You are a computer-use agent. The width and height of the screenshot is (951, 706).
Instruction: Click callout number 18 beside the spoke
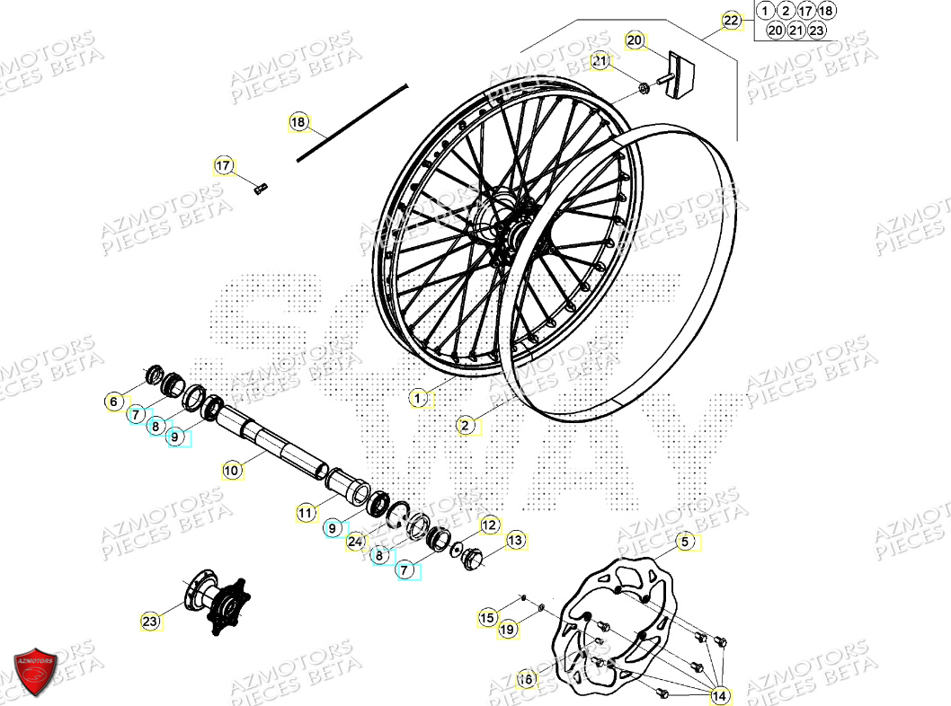coord(298,122)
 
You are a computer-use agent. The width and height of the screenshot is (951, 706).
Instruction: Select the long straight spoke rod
coord(352,123)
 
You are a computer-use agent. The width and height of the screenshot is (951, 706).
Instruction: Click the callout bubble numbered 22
coord(732,20)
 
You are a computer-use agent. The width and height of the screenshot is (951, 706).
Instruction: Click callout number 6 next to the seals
coord(113,402)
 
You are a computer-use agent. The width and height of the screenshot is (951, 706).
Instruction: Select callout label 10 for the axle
coord(231,469)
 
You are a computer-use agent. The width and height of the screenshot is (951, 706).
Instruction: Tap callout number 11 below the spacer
coord(307,513)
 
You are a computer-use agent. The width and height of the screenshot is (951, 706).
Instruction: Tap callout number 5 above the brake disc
coord(685,542)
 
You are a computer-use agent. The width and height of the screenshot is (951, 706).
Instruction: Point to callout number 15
coord(486,617)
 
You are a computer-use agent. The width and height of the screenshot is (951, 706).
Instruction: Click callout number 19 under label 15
coord(508,631)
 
